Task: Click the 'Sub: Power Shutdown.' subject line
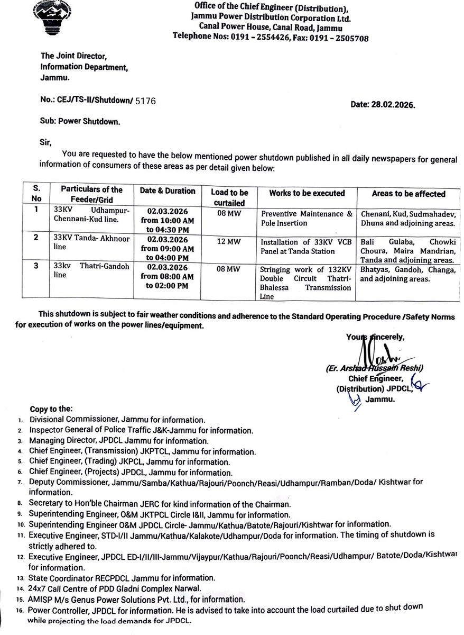[80, 121]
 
